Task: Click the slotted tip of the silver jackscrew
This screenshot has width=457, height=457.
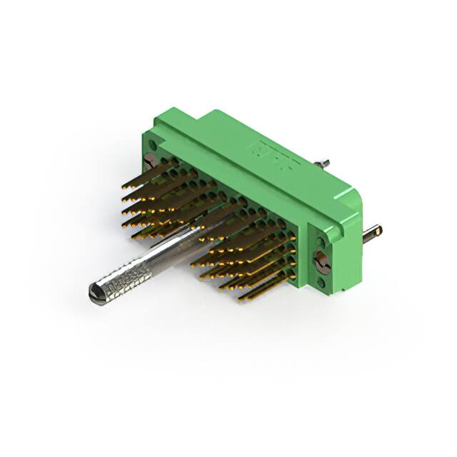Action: (94, 291)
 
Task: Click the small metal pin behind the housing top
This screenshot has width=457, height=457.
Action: (326, 164)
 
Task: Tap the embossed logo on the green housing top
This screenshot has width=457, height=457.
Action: (265, 152)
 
